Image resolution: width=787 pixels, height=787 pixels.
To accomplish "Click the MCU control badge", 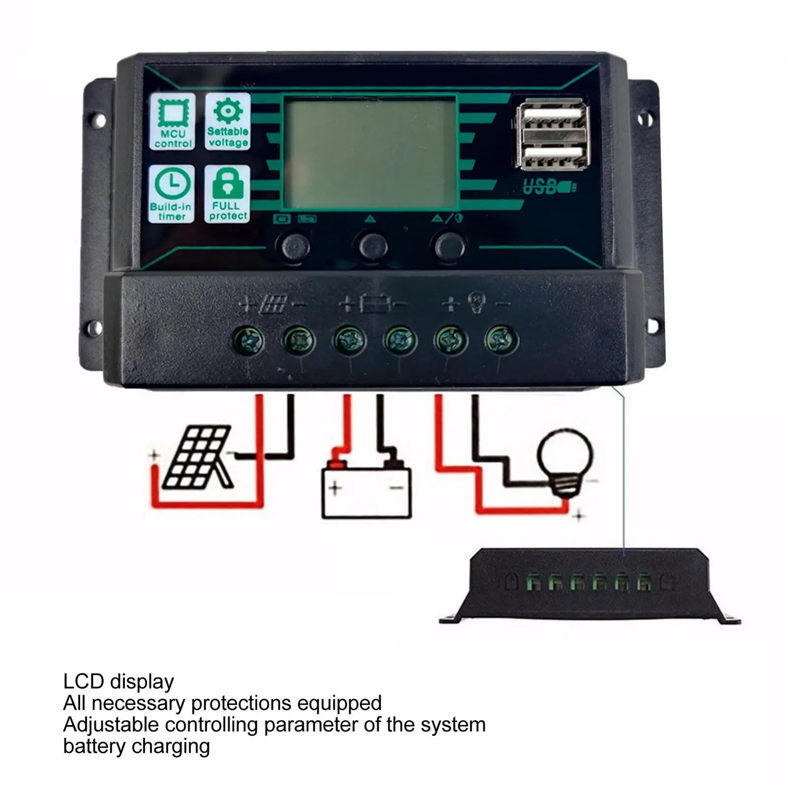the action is (x=172, y=121).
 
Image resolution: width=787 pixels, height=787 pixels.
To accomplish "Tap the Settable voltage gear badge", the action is (x=227, y=121).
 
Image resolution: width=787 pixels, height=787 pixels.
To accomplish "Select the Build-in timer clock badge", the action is (x=172, y=193).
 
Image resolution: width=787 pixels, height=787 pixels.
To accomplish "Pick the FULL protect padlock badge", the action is (x=227, y=193).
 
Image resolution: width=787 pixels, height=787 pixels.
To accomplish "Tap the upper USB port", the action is (x=553, y=117).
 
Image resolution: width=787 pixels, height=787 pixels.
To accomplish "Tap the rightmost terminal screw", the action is (x=501, y=339).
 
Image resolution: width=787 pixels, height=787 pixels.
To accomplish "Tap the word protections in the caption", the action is (x=241, y=703).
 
